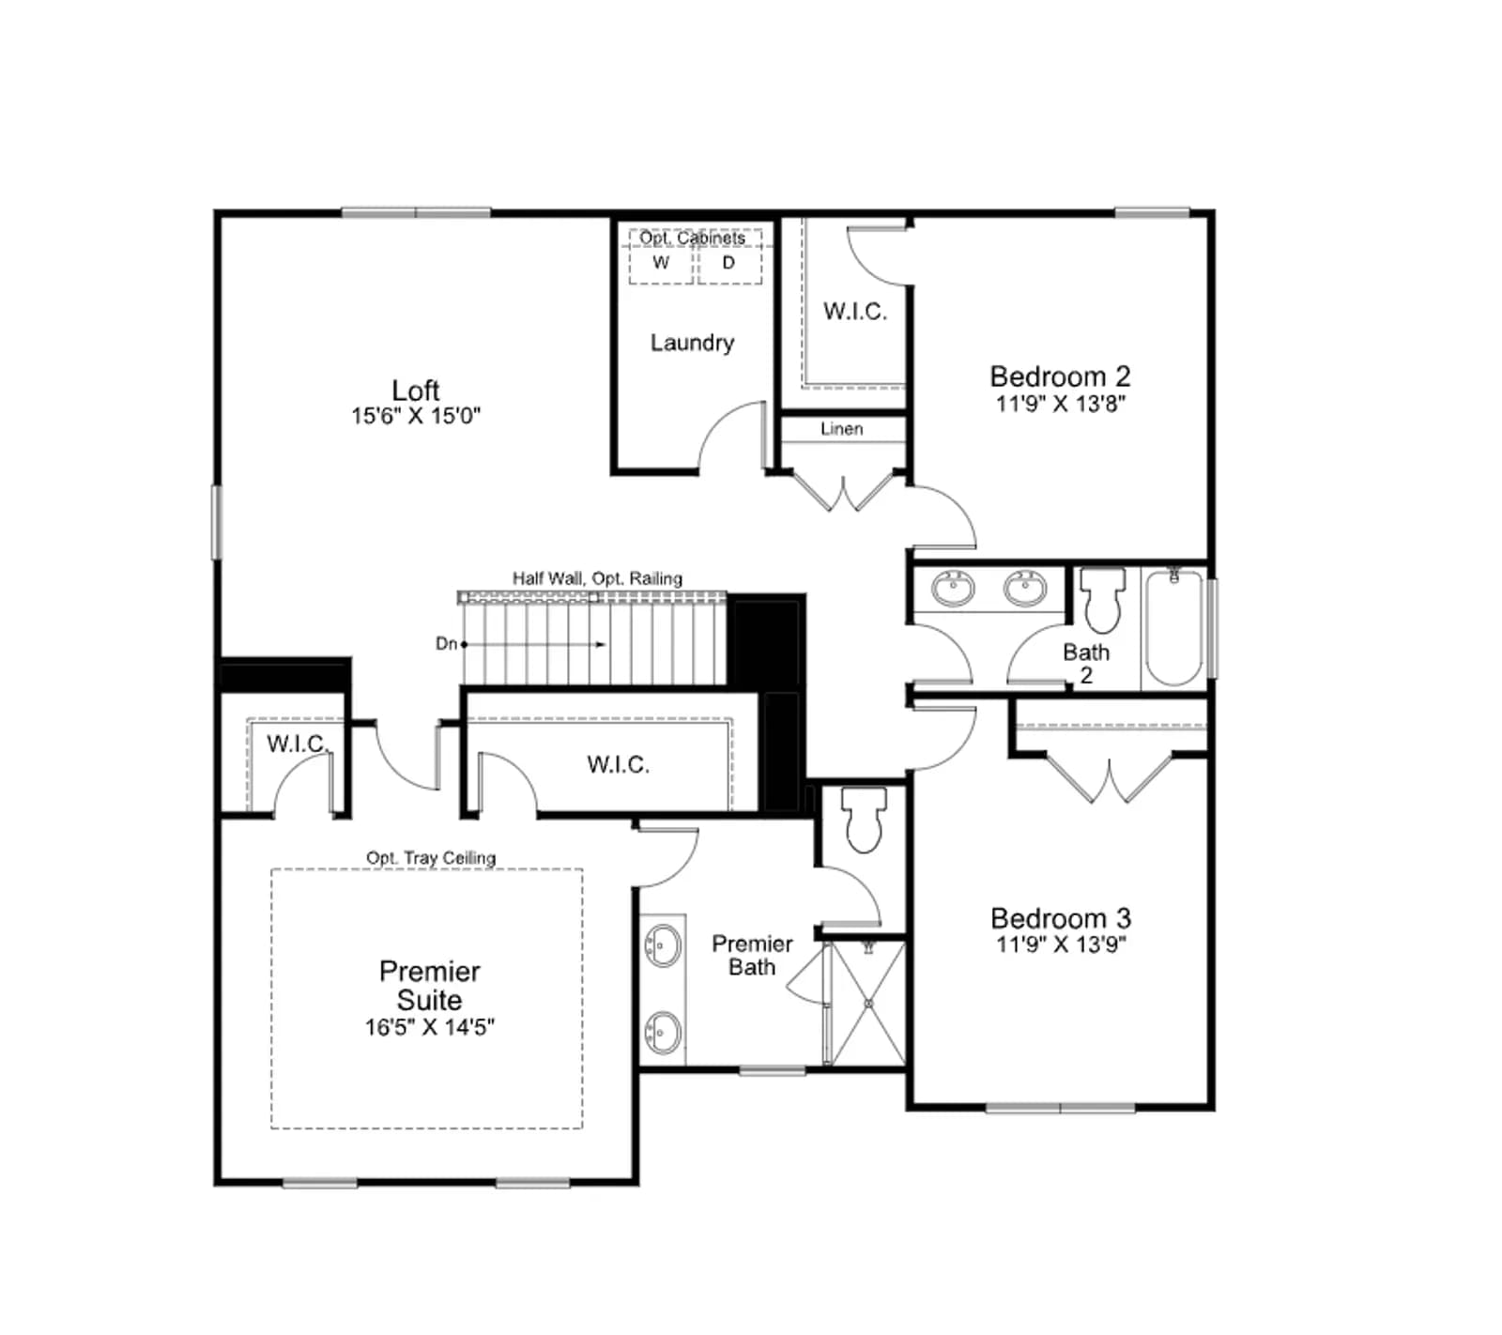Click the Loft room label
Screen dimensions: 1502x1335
[x=416, y=390]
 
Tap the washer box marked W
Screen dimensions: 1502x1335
[x=661, y=264]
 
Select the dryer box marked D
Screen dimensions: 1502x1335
[x=729, y=264]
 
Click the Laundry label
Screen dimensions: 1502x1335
[x=692, y=343]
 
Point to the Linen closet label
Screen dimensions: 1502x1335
[x=841, y=429]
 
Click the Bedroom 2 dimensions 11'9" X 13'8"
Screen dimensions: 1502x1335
[x=1061, y=404]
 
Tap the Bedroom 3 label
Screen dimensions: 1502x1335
[x=1061, y=917]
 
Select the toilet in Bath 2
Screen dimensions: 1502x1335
[x=1103, y=600]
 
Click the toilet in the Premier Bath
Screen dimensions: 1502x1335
[x=864, y=819]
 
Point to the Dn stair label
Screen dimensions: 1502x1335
[x=446, y=644]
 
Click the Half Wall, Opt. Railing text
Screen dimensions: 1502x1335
[x=597, y=578]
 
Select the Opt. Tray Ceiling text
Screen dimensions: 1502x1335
[x=431, y=858]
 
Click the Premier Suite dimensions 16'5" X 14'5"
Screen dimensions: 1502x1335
[x=430, y=1027]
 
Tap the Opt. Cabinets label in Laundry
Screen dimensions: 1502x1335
[x=693, y=238]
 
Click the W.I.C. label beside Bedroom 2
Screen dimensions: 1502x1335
[x=855, y=311]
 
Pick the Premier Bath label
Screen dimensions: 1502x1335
[x=752, y=955]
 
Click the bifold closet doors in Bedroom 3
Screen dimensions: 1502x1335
[x=1110, y=777]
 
